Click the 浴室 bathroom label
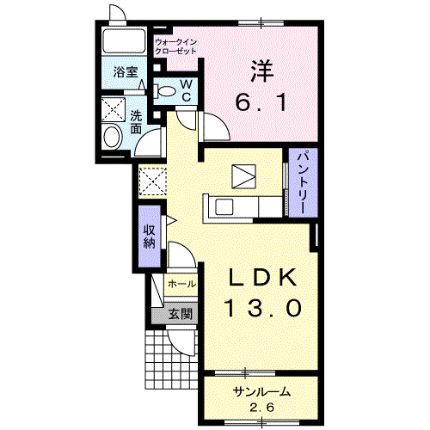pyautogui.click(x=126, y=72)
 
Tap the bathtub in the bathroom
pyautogui.click(x=124, y=41)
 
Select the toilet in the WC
pyautogui.click(x=164, y=91)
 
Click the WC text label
pyautogui.click(x=187, y=90)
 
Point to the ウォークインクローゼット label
pyautogui.click(x=175, y=46)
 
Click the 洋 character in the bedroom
pyautogui.click(x=261, y=71)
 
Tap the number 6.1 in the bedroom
pyautogui.click(x=261, y=103)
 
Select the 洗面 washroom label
pyautogui.click(x=136, y=122)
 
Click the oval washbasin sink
pyautogui.click(x=112, y=137)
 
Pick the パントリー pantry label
pyautogui.click(x=303, y=181)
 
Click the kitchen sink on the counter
pyautogui.click(x=224, y=207)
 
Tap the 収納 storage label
pyautogui.click(x=149, y=236)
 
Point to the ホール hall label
pyautogui.click(x=181, y=284)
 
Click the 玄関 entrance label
pyautogui.click(x=180, y=314)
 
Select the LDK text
pyautogui.click(x=262, y=278)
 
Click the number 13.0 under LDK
pyautogui.click(x=264, y=308)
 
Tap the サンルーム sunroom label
pyautogui.click(x=261, y=391)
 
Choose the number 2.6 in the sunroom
pyautogui.click(x=261, y=407)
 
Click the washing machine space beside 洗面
pyautogui.click(x=114, y=109)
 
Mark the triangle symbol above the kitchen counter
pyautogui.click(x=243, y=176)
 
